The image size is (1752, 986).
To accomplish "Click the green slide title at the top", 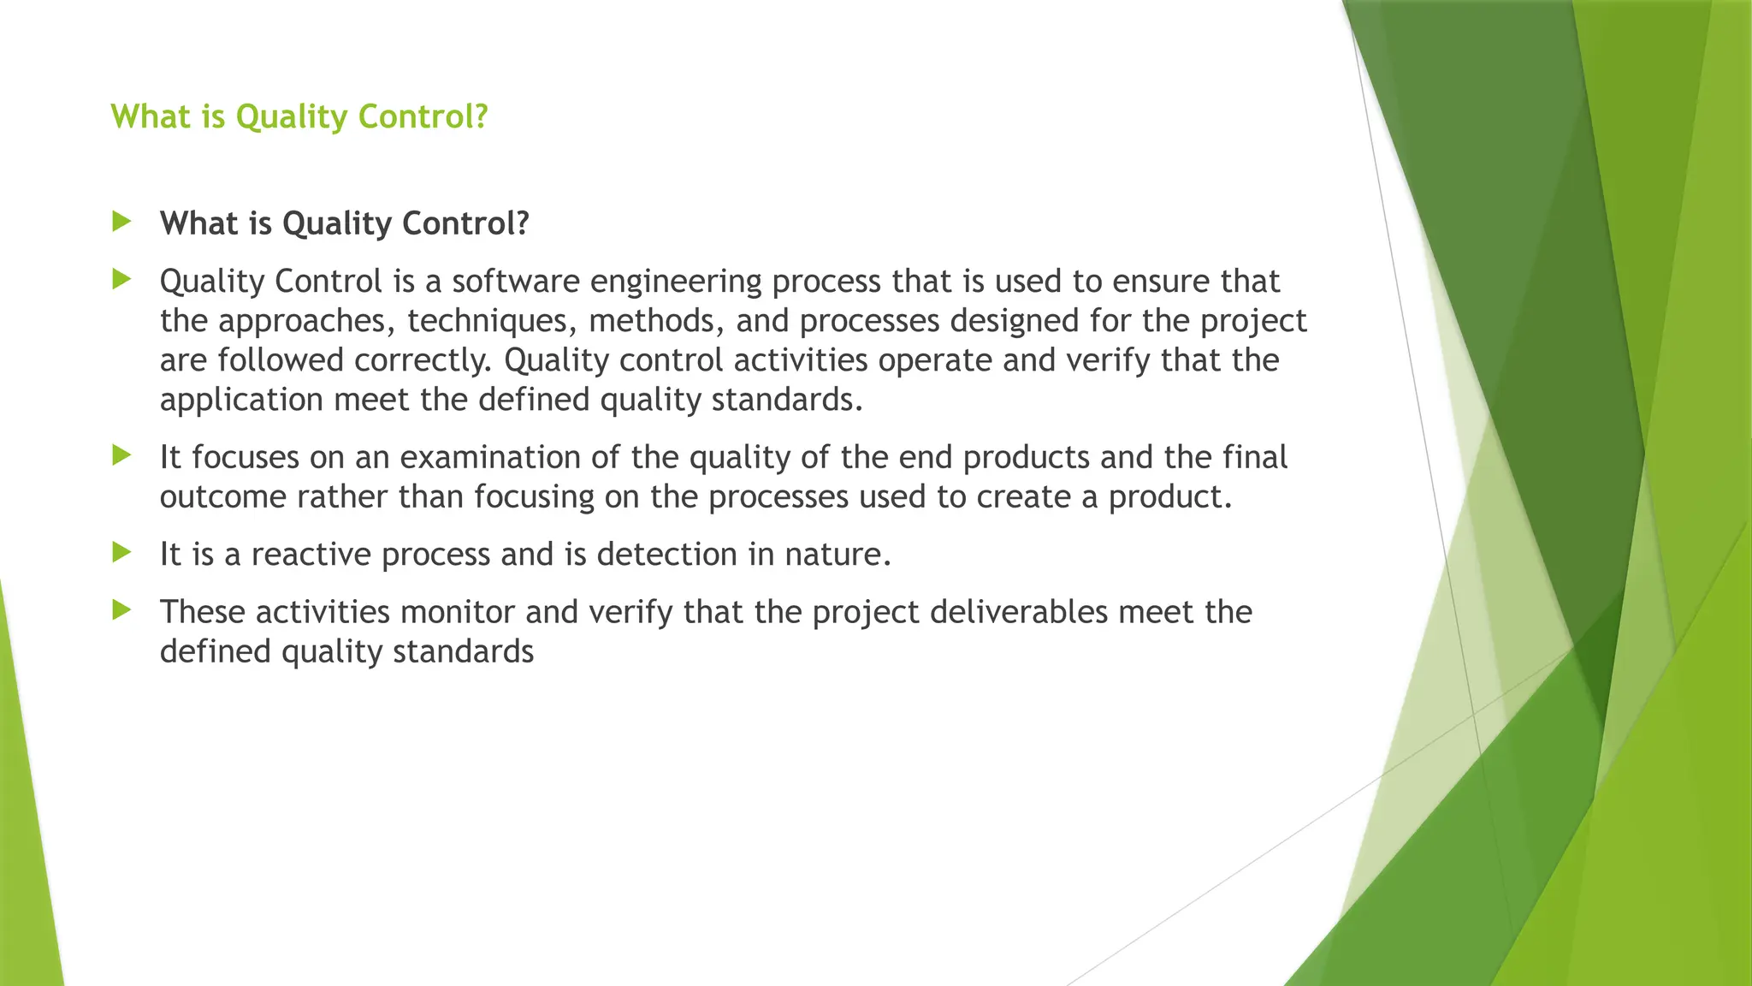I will (x=299, y=116).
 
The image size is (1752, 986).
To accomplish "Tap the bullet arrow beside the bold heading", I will (x=121, y=223).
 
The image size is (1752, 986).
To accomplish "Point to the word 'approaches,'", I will (x=307, y=321).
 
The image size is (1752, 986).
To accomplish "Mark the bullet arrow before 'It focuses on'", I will (x=121, y=455).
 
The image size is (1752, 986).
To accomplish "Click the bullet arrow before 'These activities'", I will (x=121, y=610).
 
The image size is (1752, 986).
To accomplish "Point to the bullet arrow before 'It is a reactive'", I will (x=121, y=553).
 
